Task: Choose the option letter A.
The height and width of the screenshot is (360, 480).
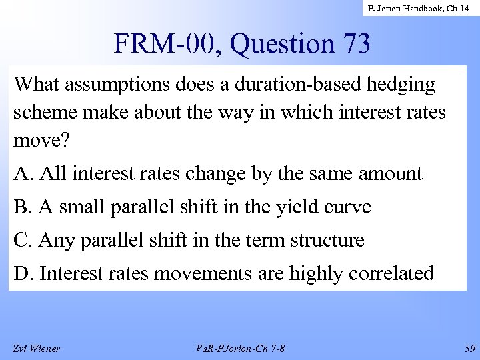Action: (x=23, y=174)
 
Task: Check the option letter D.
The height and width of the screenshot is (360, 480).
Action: (x=23, y=272)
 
